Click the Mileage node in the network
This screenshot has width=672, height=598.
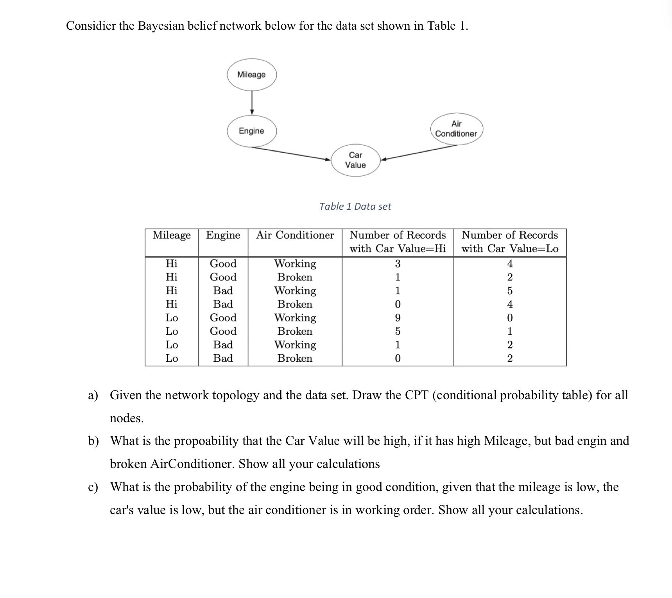(251, 75)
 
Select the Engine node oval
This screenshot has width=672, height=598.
(251, 131)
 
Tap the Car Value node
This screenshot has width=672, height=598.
(355, 160)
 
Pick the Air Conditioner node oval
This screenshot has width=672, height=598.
(456, 129)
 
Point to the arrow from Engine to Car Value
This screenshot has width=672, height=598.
(291, 153)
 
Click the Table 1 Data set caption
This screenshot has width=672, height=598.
(355, 206)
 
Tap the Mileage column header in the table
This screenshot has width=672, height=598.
(172, 235)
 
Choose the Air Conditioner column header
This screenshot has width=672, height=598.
(295, 235)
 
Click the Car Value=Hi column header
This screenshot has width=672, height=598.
(398, 242)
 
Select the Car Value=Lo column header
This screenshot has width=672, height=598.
(510, 242)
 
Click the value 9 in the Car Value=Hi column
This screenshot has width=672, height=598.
(398, 318)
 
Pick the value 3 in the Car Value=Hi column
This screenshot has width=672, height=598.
(398, 264)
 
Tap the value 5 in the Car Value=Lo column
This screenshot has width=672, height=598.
(510, 291)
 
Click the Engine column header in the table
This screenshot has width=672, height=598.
(223, 235)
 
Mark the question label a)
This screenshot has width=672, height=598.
(93, 395)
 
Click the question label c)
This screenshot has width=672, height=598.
(93, 487)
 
